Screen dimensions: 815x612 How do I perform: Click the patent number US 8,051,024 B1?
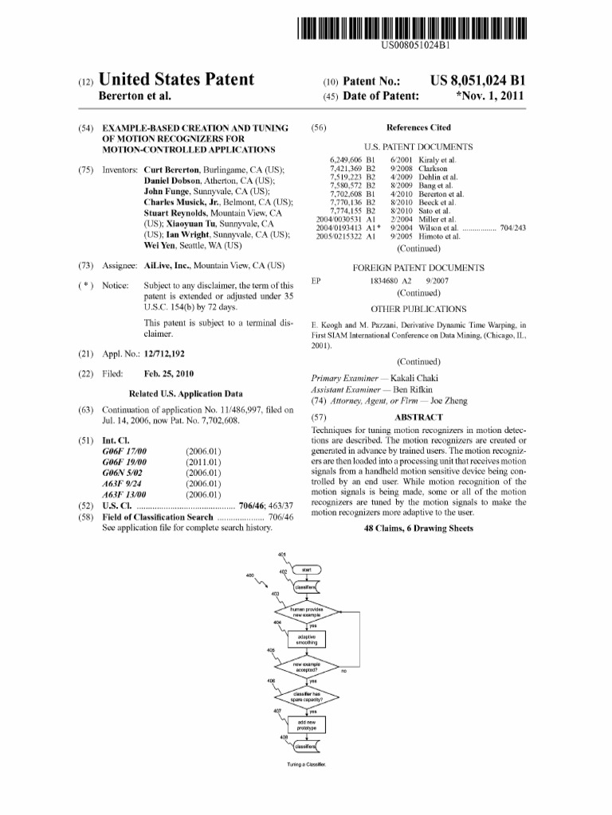477,81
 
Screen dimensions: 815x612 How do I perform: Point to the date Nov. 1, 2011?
490,97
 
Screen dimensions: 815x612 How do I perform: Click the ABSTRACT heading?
418,417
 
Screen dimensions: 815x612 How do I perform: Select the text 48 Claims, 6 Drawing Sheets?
418,528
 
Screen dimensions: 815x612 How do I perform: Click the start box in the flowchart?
306,571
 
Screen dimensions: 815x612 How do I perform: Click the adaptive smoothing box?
306,640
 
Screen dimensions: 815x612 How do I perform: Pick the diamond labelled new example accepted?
306,669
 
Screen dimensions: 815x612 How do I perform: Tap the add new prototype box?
306,725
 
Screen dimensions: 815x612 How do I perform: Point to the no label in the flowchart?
344,672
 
